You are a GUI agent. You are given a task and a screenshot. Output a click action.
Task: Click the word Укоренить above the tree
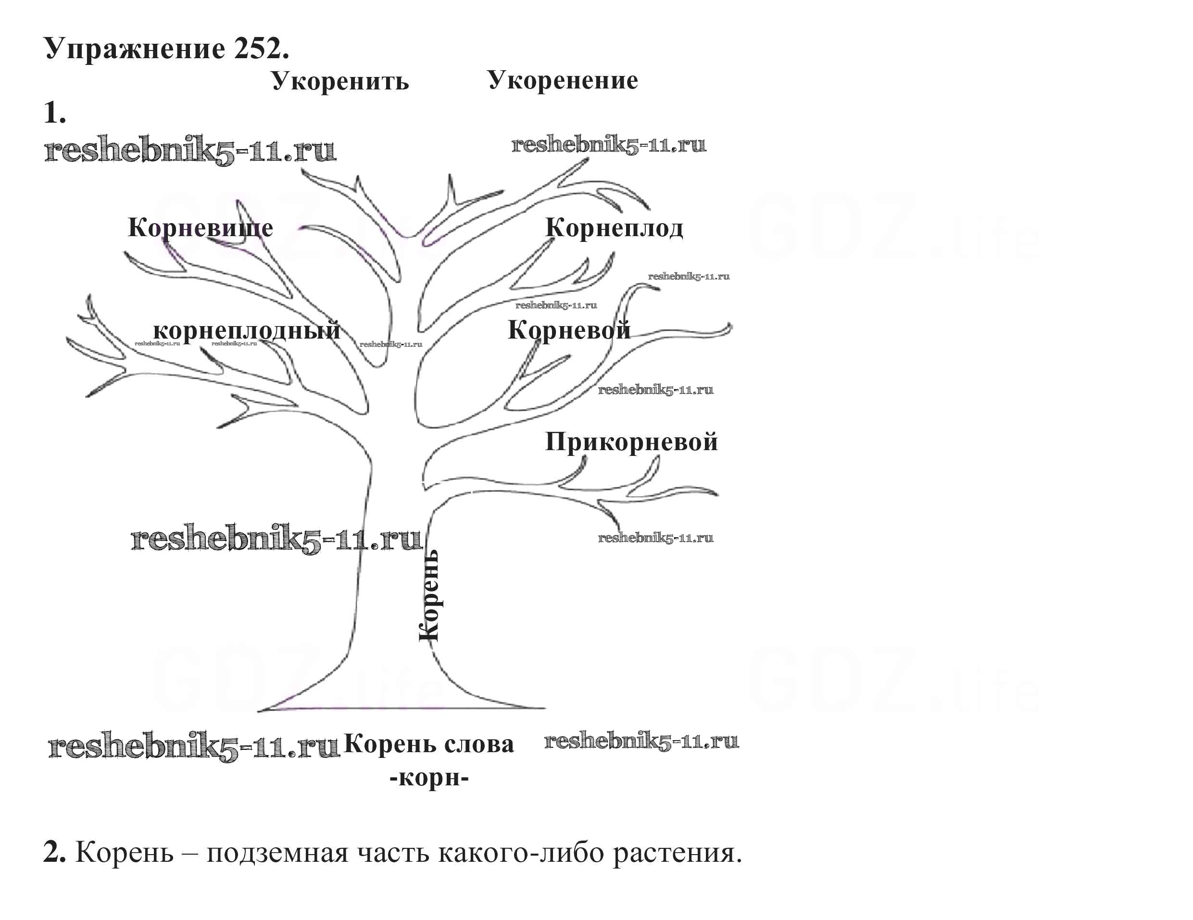click(x=340, y=81)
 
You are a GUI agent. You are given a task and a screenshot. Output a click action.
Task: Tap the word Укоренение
click(x=562, y=80)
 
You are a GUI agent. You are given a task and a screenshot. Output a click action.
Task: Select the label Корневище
click(x=201, y=228)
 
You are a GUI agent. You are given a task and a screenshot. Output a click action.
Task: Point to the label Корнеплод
click(x=614, y=228)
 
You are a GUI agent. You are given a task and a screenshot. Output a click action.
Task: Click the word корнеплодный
click(x=246, y=330)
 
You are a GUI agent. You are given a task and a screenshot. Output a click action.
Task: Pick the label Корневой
click(x=569, y=330)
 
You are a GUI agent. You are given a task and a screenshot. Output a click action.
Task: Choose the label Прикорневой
click(x=631, y=442)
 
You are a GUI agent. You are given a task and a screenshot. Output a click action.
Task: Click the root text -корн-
click(x=429, y=777)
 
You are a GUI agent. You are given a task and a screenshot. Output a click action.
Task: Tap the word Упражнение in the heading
click(x=134, y=49)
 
